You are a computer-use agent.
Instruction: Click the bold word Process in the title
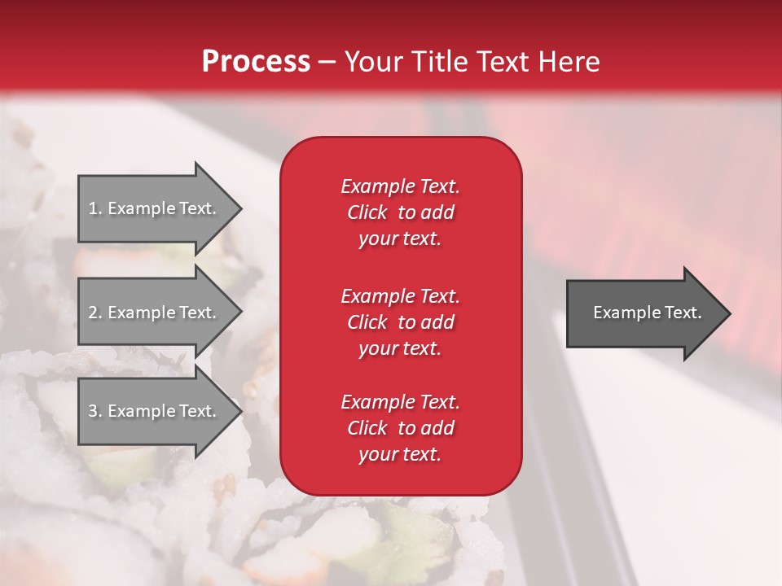tap(256, 62)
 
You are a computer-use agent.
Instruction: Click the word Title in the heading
tap(436, 62)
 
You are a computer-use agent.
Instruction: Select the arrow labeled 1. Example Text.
tap(155, 208)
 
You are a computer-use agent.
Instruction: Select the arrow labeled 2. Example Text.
tap(155, 313)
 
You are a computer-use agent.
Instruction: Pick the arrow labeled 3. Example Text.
tap(155, 411)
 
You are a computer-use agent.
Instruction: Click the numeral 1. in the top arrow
tap(95, 208)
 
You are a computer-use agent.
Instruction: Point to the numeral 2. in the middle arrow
tap(95, 313)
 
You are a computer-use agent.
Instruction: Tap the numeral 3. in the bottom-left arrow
tap(95, 411)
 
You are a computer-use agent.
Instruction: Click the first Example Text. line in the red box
tap(400, 186)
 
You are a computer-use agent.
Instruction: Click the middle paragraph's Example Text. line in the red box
tap(400, 295)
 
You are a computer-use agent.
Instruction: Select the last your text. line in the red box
tap(400, 454)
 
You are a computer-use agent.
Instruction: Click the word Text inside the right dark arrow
tap(683, 313)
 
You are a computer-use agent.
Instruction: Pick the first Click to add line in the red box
tap(400, 212)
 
